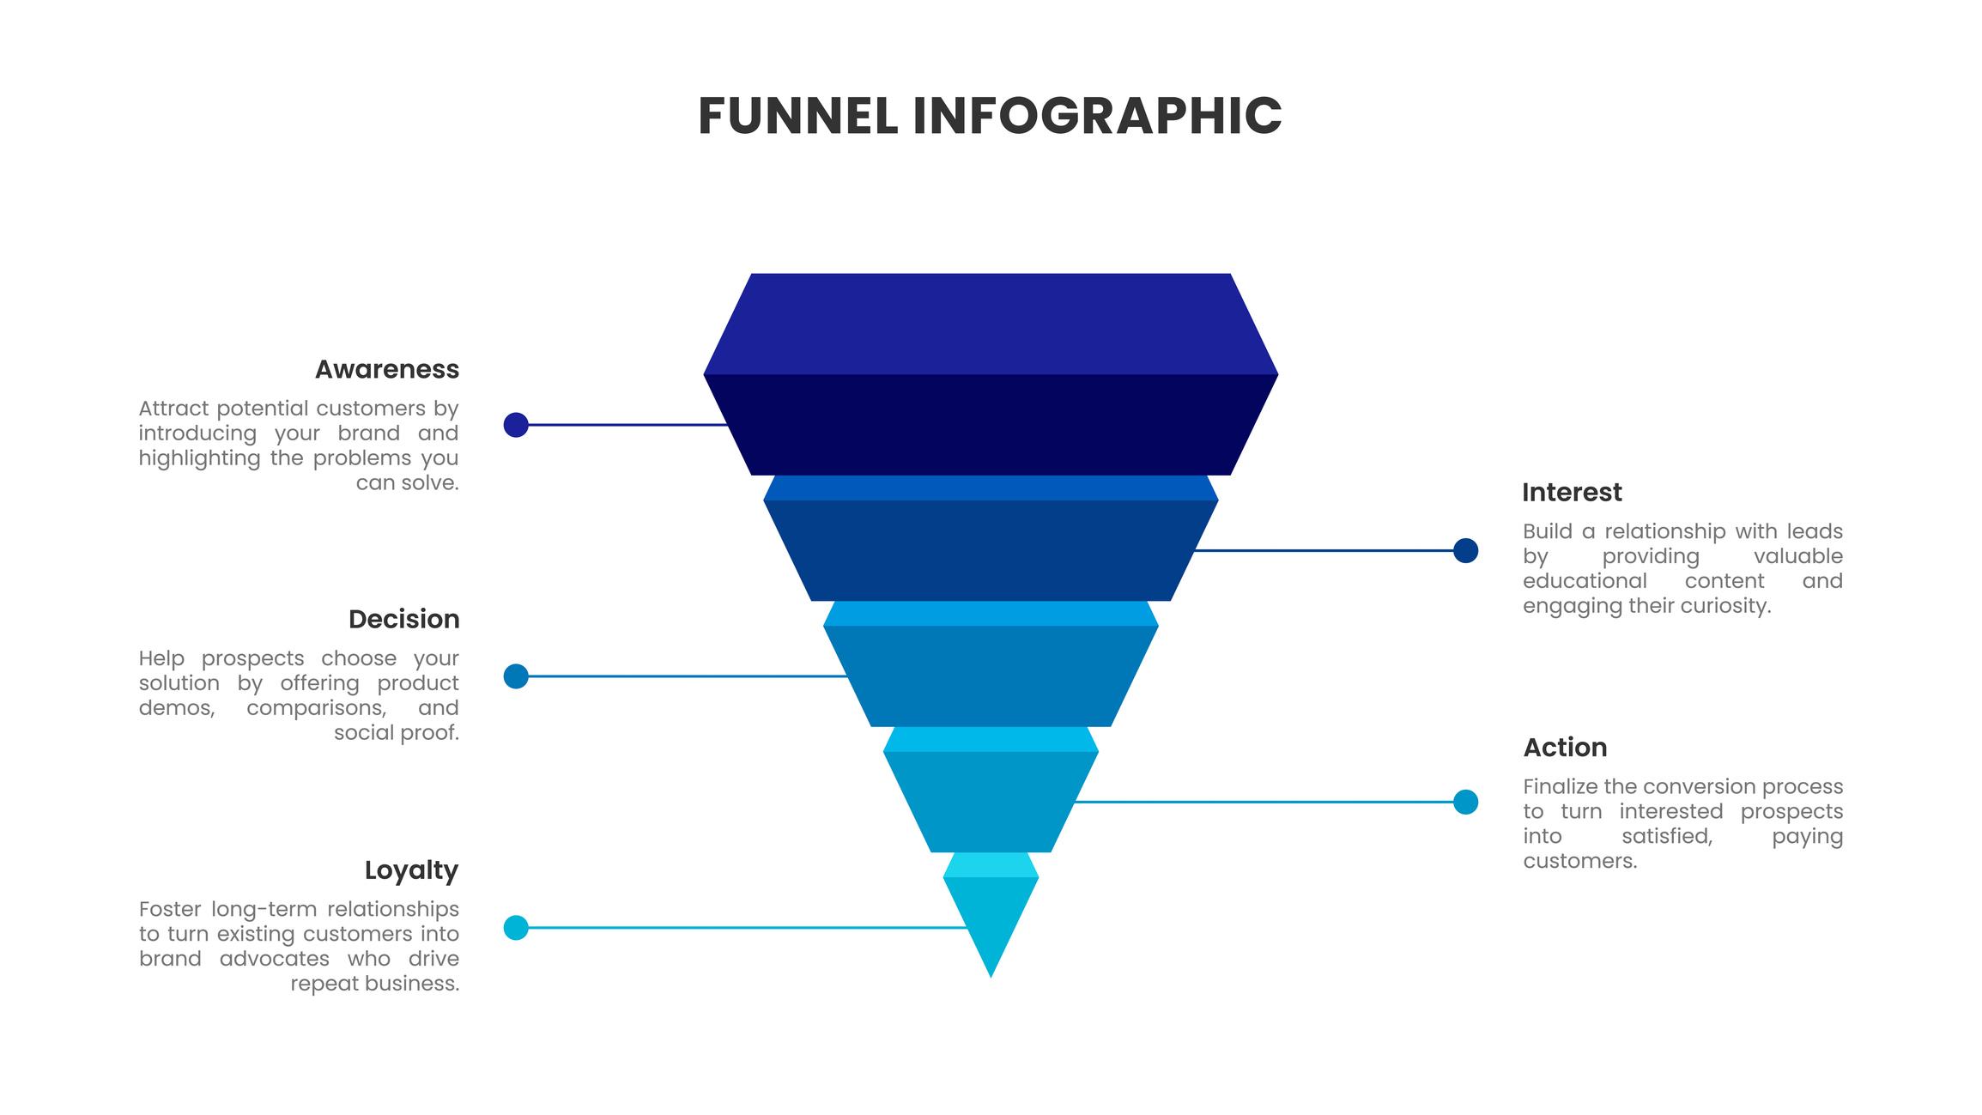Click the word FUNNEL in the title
tap(797, 117)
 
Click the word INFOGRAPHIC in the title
tap(1097, 117)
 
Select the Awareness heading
tap(386, 369)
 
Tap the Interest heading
tap(1572, 493)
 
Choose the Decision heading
tap(403, 619)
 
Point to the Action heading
tap(1565, 748)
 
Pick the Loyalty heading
tap(411, 870)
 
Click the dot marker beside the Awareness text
tap(516, 425)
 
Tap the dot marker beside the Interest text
tap(1465, 551)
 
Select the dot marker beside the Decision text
tap(516, 676)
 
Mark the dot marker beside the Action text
tap(1465, 802)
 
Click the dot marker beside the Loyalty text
tap(516, 928)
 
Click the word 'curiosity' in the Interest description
tap(1725, 606)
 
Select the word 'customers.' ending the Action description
tap(1580, 861)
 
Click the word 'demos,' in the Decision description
tap(177, 708)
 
